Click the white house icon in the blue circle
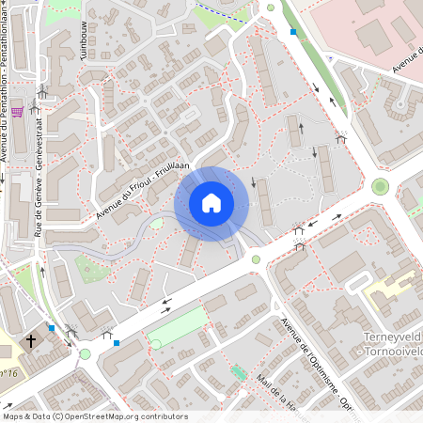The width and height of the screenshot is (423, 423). pyautogui.click(x=211, y=203)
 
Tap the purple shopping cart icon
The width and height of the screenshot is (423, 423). pyautogui.click(x=18, y=112)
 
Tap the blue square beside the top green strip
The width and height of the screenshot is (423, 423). pyautogui.click(x=293, y=32)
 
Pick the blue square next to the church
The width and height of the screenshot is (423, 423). pyautogui.click(x=52, y=328)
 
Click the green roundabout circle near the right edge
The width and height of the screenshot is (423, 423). pyautogui.click(x=380, y=186)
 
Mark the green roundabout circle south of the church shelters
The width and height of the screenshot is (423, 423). pyautogui.click(x=86, y=353)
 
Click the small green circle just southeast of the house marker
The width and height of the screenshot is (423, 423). pyautogui.click(x=255, y=259)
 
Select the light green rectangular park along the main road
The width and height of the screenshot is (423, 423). pyautogui.click(x=189, y=325)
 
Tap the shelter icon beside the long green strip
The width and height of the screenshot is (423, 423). pyautogui.click(x=340, y=138)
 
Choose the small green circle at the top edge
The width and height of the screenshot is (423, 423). pyautogui.click(x=271, y=8)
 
